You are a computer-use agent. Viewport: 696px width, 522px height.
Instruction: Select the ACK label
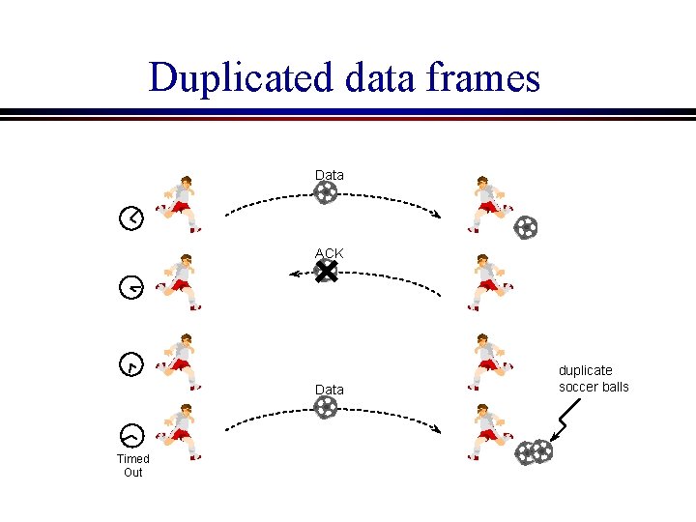point(329,253)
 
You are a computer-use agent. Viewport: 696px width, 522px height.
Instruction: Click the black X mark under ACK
point(326,273)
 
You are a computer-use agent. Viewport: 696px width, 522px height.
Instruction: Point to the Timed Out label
point(132,465)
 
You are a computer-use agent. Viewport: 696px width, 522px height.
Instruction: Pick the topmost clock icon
point(131,217)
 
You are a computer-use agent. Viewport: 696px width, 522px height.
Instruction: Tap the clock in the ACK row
point(131,286)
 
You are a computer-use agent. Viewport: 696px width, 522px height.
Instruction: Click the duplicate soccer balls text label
point(593,378)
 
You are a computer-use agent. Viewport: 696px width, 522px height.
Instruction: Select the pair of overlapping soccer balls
point(534,452)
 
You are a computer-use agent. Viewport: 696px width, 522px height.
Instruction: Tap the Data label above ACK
point(329,175)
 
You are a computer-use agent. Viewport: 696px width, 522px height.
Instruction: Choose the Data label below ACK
point(329,390)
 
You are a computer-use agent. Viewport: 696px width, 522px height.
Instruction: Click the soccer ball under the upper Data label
point(327,193)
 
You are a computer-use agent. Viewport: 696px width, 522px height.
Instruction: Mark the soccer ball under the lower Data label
point(327,408)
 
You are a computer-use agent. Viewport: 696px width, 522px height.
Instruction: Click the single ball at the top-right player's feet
point(526,227)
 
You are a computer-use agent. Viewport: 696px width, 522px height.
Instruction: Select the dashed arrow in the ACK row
point(367,280)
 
